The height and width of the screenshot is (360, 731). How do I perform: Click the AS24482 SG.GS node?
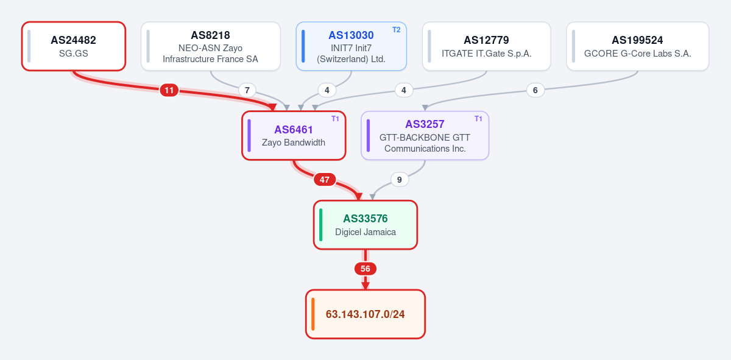(x=74, y=46)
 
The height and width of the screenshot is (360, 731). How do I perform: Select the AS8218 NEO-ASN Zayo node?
(x=211, y=46)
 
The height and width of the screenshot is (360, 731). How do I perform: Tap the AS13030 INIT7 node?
(x=351, y=46)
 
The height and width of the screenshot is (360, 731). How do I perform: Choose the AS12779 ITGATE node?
(x=487, y=46)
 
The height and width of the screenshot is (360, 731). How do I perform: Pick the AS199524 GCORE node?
(x=638, y=46)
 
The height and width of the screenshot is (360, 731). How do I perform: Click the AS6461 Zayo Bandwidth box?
(x=294, y=135)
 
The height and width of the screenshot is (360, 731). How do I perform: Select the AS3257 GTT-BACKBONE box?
(x=425, y=135)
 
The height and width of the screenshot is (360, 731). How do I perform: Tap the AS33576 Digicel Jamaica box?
(x=365, y=225)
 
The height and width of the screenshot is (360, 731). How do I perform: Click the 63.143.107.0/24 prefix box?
(x=365, y=314)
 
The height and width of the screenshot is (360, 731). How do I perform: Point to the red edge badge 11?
(x=169, y=90)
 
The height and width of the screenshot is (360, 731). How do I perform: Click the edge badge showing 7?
(x=247, y=90)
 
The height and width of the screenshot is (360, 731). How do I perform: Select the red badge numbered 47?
(x=324, y=180)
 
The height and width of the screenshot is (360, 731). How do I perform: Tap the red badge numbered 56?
(x=365, y=269)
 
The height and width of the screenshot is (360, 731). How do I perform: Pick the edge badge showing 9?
(x=400, y=180)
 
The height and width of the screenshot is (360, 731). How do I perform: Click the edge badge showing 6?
(x=535, y=90)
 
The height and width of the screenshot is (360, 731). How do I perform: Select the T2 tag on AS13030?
(x=396, y=30)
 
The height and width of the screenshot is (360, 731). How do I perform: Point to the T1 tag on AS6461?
(x=335, y=119)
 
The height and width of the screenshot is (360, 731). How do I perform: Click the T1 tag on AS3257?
(x=478, y=119)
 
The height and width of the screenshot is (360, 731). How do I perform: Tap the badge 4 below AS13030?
(x=327, y=90)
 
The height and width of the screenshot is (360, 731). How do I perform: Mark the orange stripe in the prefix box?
(x=313, y=314)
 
